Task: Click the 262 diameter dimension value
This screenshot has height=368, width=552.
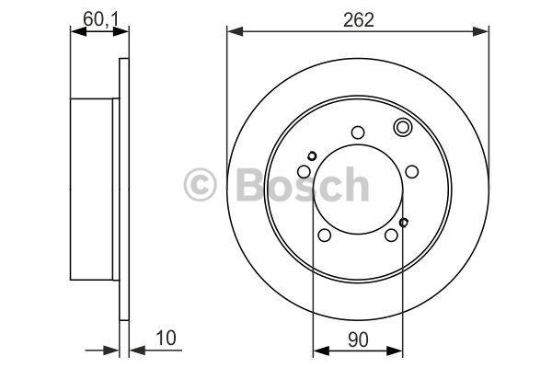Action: pos(359,20)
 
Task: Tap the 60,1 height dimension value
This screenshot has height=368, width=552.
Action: pos(100,19)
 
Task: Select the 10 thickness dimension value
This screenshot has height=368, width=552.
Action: pos(166,338)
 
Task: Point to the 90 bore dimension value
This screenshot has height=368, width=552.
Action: pos(358,339)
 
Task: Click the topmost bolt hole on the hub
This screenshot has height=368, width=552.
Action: pos(358,132)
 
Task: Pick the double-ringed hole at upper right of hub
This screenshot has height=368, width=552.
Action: pos(402,127)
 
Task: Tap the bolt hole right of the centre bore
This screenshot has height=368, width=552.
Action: pos(412,172)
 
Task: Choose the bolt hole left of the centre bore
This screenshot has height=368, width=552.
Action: pos(305,172)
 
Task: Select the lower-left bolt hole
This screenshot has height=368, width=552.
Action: pos(325,235)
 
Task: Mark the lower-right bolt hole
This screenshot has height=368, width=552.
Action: pos(392,235)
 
